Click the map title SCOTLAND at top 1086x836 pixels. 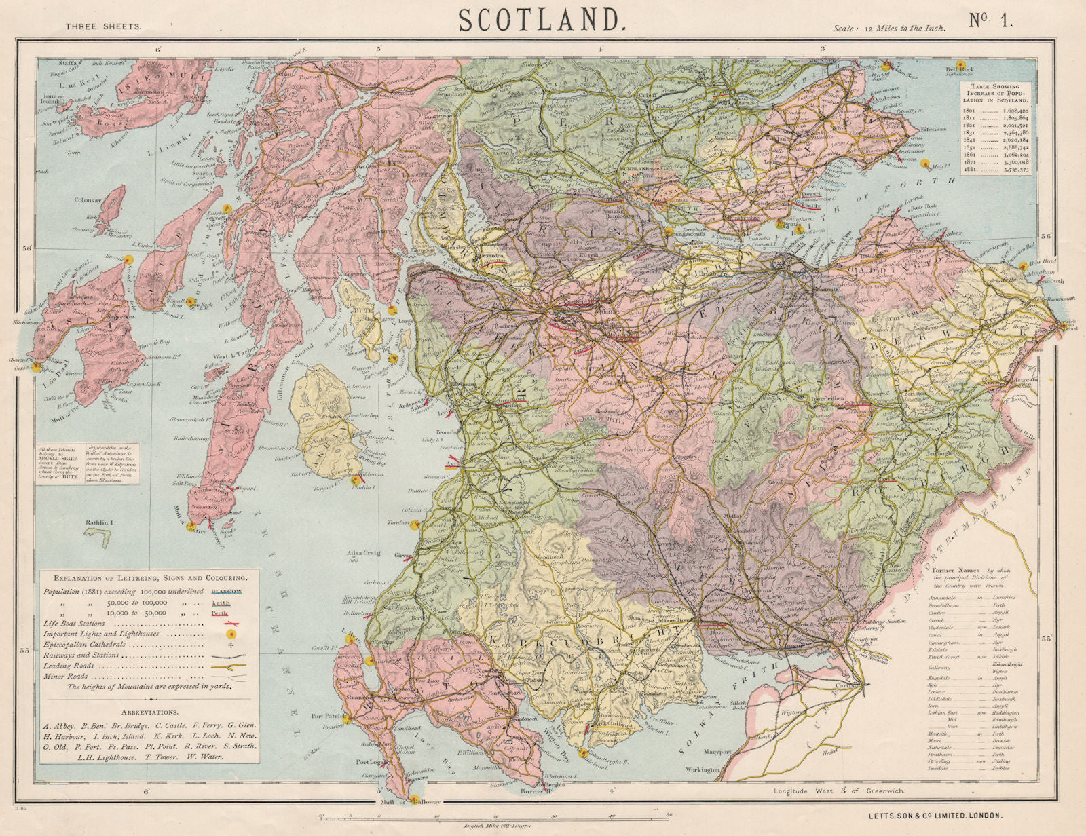[x=542, y=20]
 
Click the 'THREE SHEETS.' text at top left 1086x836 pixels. [x=103, y=27]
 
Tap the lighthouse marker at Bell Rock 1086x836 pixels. [x=960, y=64]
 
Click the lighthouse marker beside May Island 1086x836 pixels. [x=924, y=164]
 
